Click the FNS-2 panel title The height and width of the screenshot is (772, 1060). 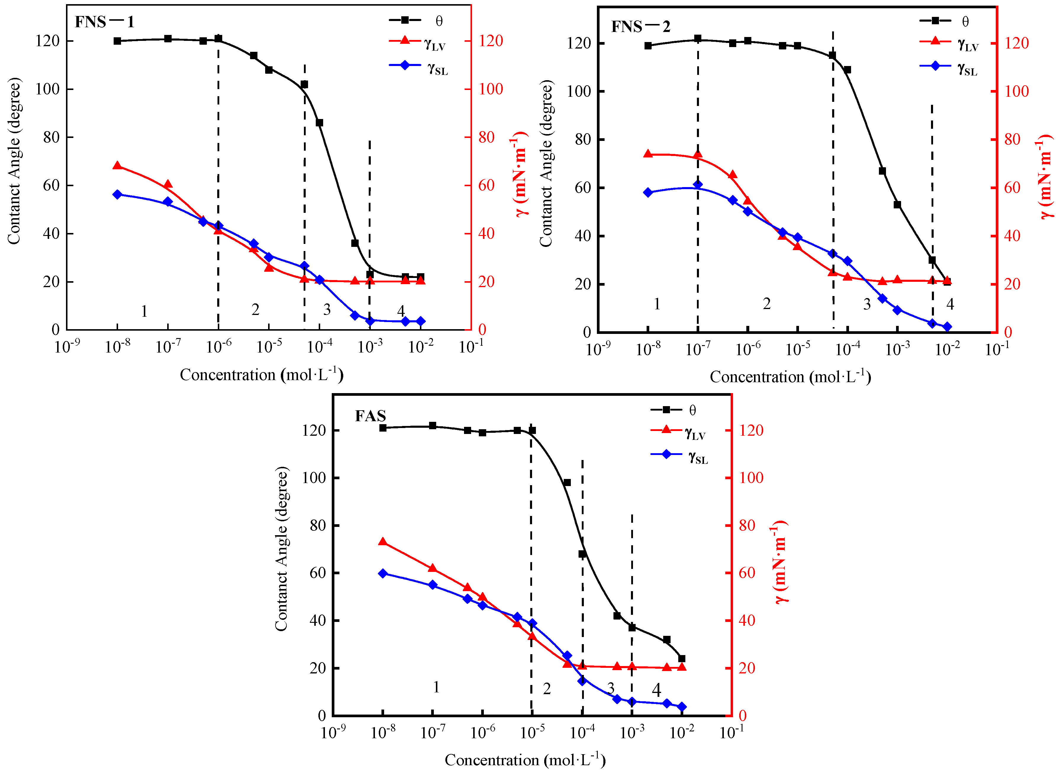click(x=640, y=27)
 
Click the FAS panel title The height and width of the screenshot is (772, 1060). click(x=370, y=416)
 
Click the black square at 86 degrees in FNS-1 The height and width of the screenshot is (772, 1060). click(x=320, y=123)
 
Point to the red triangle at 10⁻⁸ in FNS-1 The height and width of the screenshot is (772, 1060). click(x=117, y=165)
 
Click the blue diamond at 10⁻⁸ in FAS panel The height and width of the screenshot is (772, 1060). click(x=383, y=573)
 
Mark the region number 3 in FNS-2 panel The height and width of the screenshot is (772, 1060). click(x=867, y=304)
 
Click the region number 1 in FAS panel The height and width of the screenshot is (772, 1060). click(x=436, y=687)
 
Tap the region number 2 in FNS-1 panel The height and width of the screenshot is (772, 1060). click(x=255, y=310)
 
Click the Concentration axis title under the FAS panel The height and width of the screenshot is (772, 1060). click(x=525, y=760)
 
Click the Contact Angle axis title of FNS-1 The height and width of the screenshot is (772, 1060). click(x=14, y=161)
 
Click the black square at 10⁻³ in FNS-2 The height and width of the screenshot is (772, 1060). click(x=897, y=205)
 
